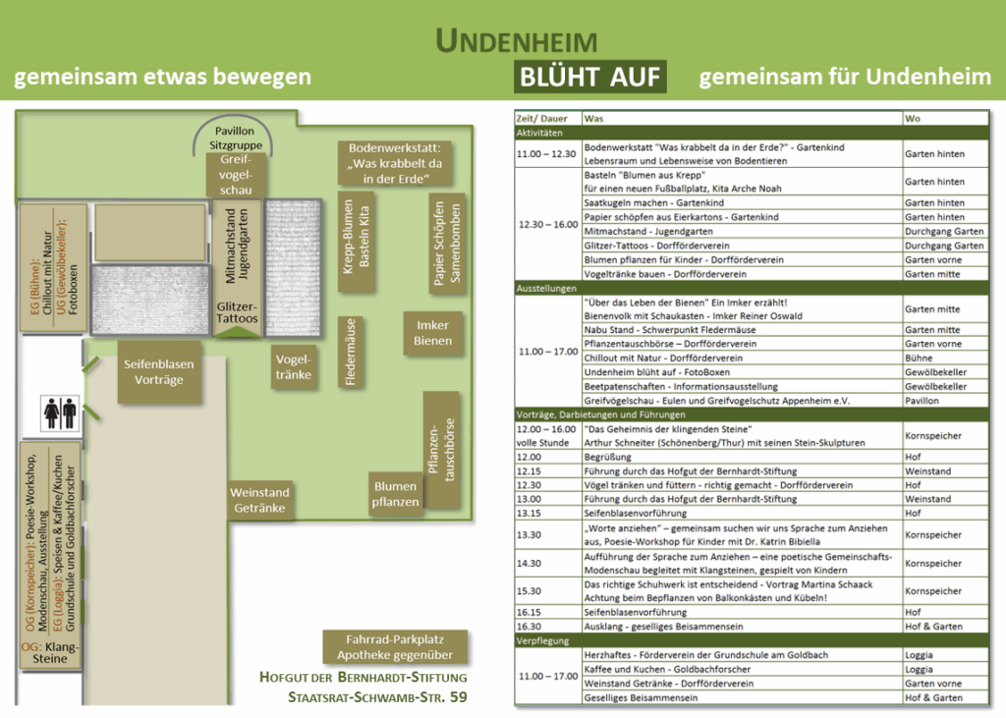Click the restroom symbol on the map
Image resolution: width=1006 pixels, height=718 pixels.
[60, 414]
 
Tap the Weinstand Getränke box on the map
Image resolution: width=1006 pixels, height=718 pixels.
[260, 500]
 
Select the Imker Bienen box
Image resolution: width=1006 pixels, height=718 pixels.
[432, 333]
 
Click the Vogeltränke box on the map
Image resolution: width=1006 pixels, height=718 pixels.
[295, 366]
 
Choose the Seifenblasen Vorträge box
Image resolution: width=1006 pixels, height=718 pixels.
[158, 371]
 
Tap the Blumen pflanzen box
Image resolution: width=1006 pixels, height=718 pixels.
[396, 494]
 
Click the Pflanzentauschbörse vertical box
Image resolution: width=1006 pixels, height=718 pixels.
[442, 450]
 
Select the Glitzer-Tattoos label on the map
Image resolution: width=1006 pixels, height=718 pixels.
[237, 312]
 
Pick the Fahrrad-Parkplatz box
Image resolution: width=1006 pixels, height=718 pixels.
[395, 646]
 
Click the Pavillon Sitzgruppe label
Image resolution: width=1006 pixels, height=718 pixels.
[232, 138]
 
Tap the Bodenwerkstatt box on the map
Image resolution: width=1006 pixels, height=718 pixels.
[395, 163]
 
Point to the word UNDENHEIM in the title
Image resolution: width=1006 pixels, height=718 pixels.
[516, 41]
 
